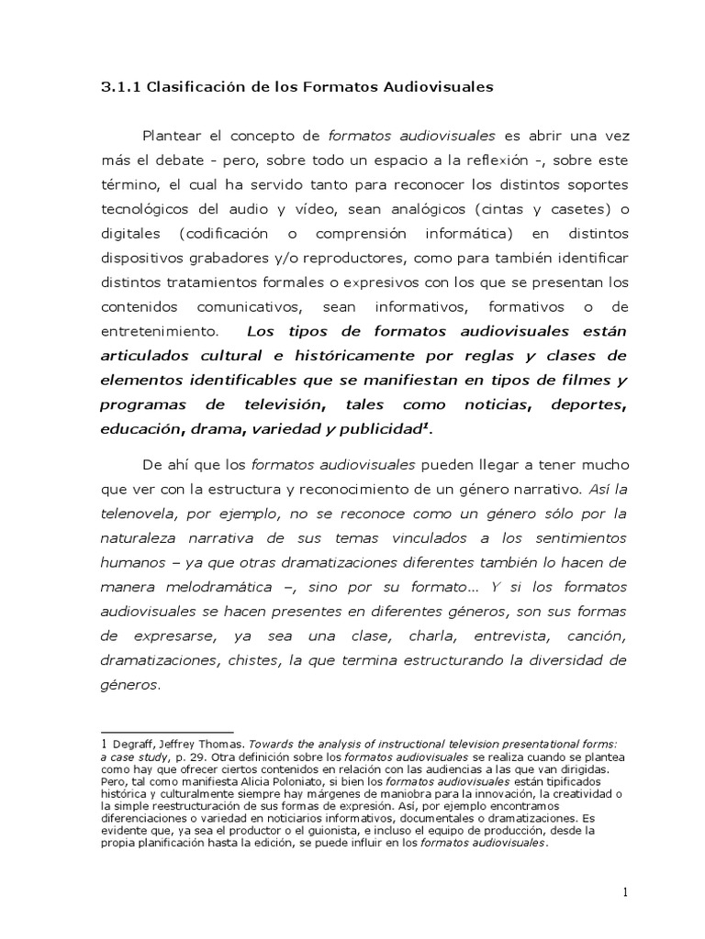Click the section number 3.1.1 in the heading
tap(117, 88)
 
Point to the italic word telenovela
tap(139, 514)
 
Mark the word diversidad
tap(564, 659)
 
